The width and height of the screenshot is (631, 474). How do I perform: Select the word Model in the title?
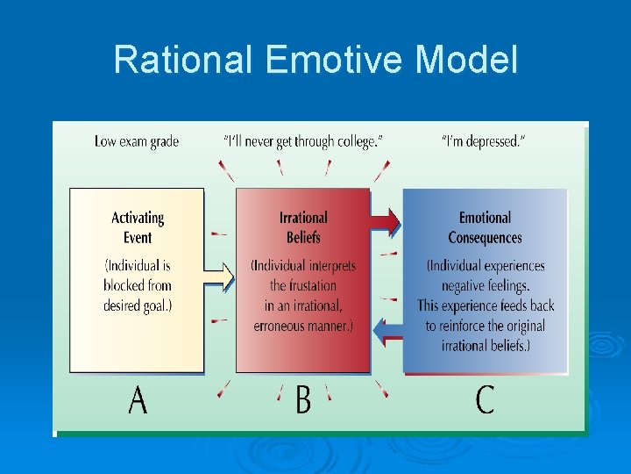coord(466,61)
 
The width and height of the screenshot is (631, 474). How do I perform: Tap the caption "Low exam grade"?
coord(137,141)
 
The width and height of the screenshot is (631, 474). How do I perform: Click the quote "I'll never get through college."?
coord(303,141)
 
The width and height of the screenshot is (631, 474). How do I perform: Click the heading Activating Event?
coord(138,227)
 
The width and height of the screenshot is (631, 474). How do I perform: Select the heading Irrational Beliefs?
coord(303,227)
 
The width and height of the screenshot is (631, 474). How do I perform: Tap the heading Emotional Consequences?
coord(485,227)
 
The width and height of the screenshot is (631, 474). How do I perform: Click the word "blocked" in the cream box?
coord(125,285)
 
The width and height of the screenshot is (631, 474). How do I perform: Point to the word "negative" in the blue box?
coord(469,285)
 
